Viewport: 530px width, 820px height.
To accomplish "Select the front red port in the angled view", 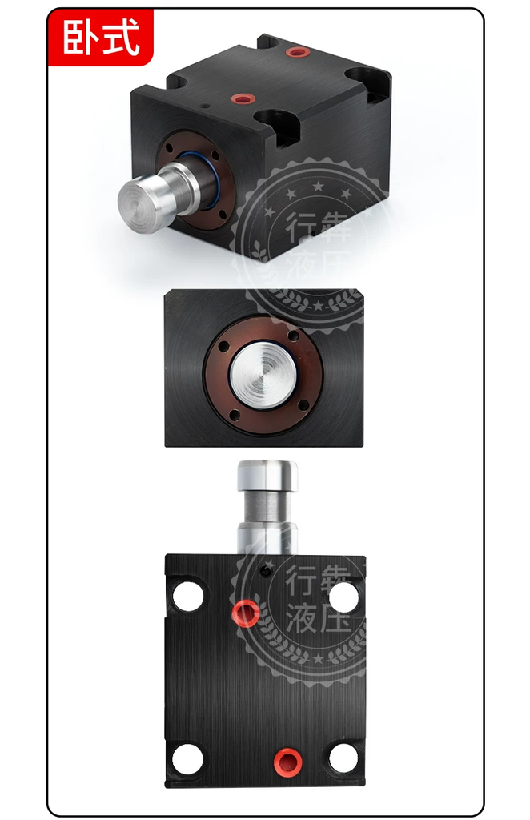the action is [242, 98].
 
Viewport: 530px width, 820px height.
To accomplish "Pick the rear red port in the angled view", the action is [299, 52].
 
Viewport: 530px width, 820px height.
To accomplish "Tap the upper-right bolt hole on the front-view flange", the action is [293, 335].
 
